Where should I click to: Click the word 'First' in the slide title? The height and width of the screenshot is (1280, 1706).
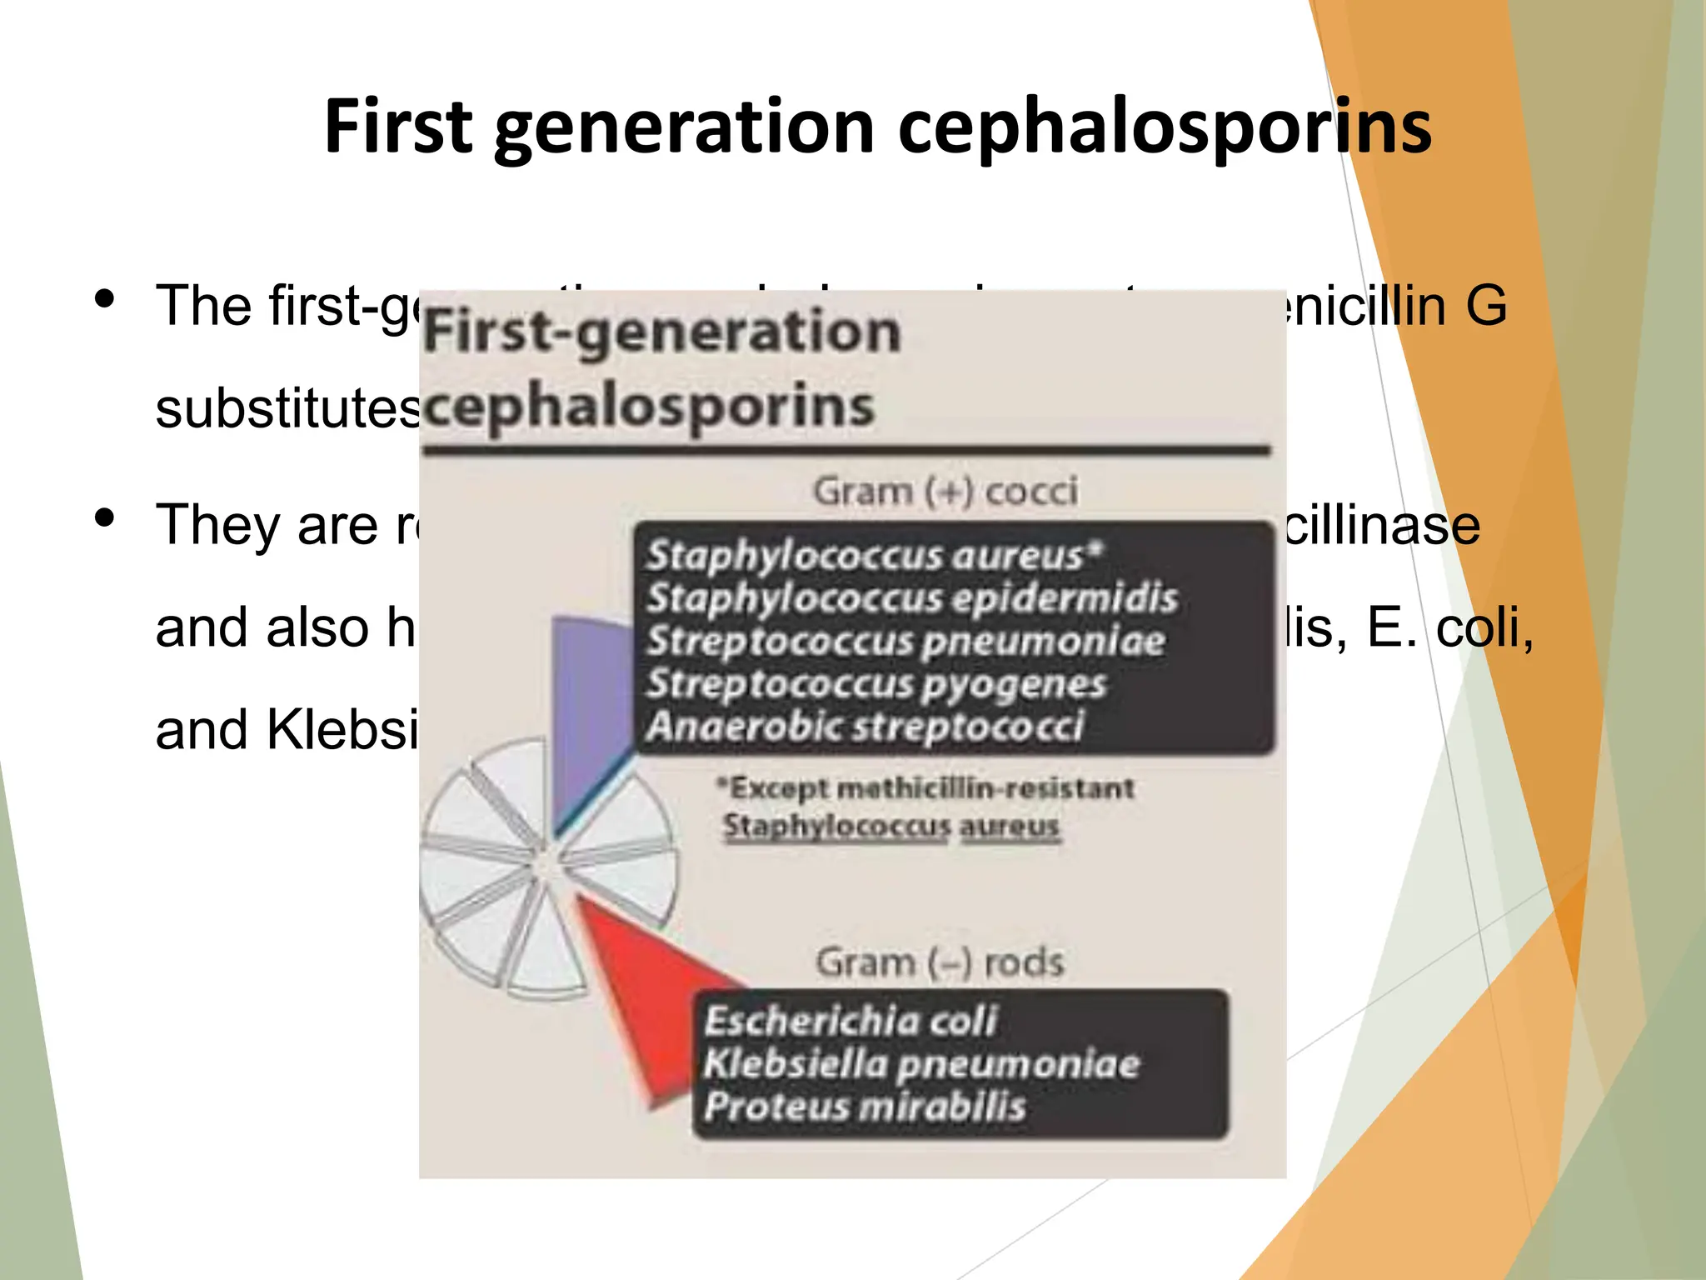(x=398, y=127)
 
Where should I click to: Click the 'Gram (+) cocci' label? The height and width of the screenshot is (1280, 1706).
(x=945, y=492)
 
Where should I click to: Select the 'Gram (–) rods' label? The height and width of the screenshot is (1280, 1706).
(x=940, y=962)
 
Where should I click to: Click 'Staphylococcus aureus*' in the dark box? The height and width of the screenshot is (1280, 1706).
(x=875, y=555)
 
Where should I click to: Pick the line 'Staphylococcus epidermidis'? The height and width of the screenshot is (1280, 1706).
(x=912, y=598)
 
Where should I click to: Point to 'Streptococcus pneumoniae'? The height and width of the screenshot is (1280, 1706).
(x=906, y=641)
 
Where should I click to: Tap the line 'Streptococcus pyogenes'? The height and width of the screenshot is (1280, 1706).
(x=876, y=684)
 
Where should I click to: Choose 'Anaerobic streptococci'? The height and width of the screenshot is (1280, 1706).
(x=865, y=727)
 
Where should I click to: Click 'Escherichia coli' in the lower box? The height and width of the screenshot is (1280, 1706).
(x=850, y=1021)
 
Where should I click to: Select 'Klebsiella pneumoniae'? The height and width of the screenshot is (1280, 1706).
(x=920, y=1064)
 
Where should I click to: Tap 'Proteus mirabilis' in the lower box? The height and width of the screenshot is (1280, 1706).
(x=865, y=1107)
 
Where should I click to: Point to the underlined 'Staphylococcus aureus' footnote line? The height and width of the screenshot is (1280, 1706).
(x=891, y=827)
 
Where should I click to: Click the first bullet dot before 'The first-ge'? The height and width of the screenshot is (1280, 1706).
(x=104, y=298)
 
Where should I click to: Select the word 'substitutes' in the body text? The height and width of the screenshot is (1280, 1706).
(x=288, y=409)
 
